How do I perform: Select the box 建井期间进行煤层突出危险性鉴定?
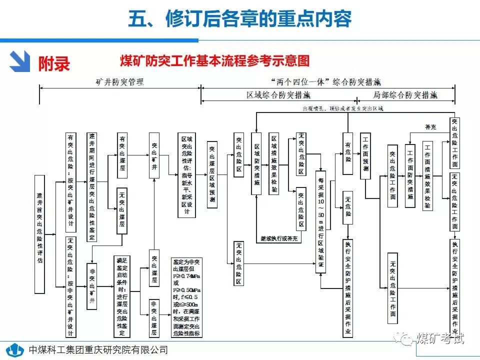[92, 180]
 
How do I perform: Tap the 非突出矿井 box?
[92, 286]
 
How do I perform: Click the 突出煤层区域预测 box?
[212, 174]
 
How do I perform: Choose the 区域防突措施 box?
[256, 163]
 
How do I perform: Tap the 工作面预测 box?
[366, 155]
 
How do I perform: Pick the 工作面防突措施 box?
[410, 175]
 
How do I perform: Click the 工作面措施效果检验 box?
[428, 175]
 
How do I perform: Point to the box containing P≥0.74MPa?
[187, 296]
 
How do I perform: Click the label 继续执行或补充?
[279, 239]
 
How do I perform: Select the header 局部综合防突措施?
[405, 94]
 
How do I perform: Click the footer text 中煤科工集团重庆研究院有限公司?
[98, 349]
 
